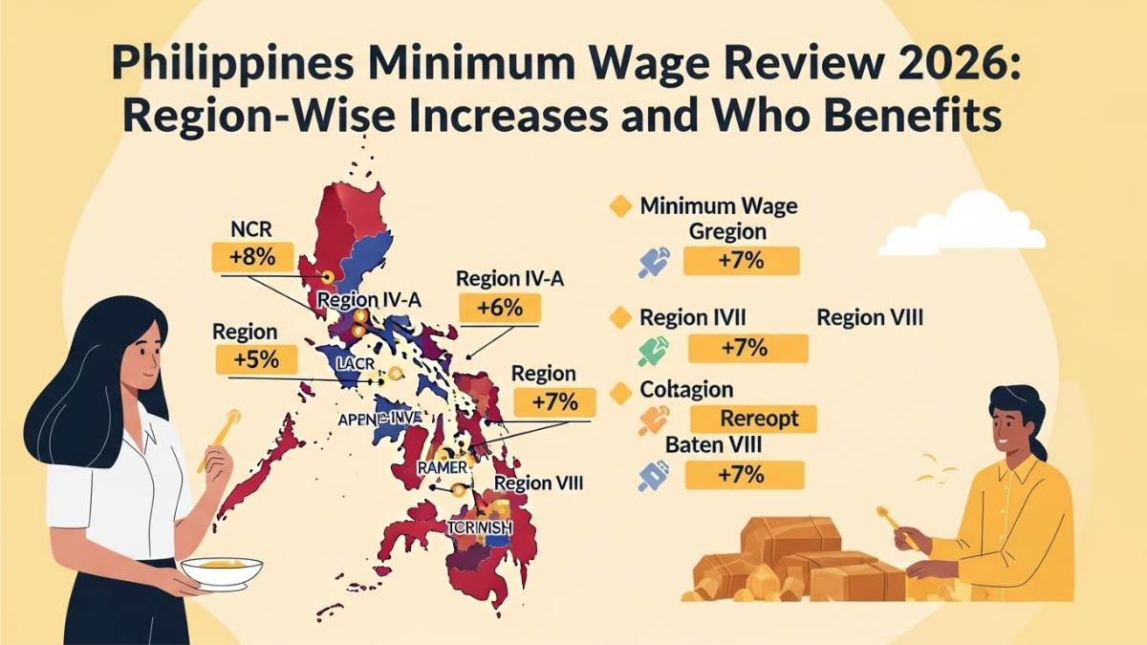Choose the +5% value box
254,360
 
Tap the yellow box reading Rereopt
754,418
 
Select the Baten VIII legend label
712,445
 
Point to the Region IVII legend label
693,318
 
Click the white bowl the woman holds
222,571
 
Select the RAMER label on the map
442,467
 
